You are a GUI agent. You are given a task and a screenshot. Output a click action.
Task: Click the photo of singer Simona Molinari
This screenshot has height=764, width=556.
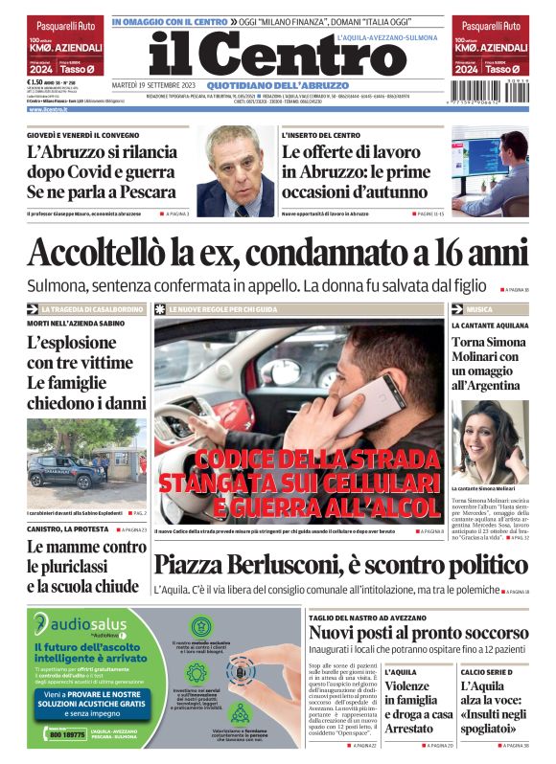(491, 439)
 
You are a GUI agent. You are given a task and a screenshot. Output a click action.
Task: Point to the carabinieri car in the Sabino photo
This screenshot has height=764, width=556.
(58, 474)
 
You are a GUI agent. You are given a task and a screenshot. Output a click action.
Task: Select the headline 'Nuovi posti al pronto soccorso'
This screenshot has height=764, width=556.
(418, 634)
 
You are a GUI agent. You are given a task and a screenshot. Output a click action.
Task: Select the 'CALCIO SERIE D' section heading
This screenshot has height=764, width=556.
(485, 672)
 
